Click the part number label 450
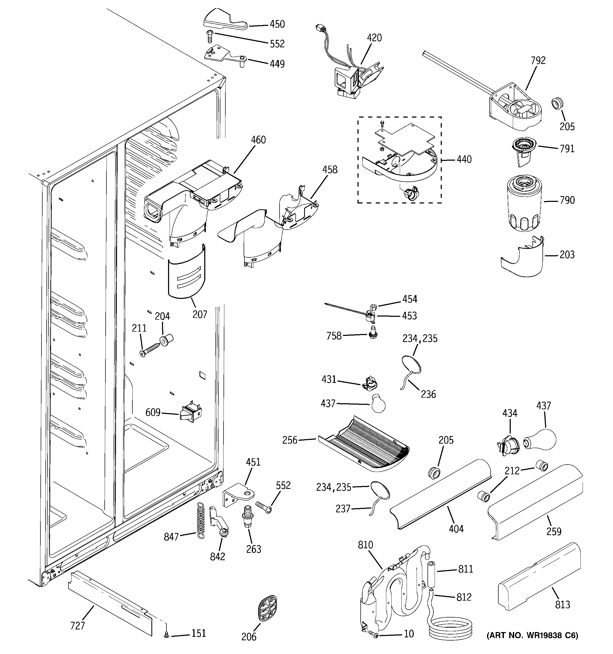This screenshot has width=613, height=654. (x=277, y=24)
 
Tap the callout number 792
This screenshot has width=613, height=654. (x=538, y=61)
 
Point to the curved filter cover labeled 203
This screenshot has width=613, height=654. (x=523, y=258)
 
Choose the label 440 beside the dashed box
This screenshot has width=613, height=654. (x=464, y=160)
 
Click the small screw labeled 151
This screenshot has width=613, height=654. (x=166, y=636)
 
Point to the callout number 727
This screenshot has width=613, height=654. (x=78, y=626)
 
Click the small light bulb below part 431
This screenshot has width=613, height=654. (x=378, y=404)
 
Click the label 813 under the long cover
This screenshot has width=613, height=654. (x=562, y=605)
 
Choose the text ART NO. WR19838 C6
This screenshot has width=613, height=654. (x=532, y=635)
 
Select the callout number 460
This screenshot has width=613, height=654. (x=258, y=140)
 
